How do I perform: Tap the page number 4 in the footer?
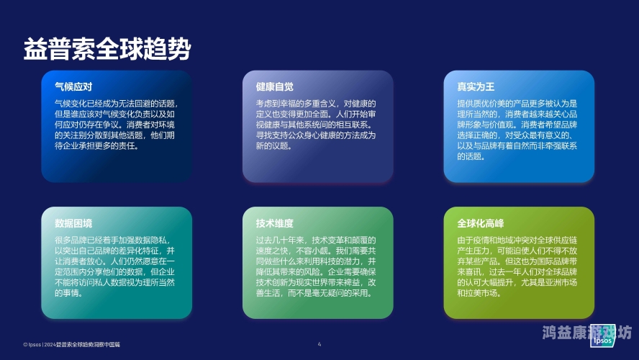pos(319,345)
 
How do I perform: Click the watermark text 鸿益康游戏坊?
pos(586,333)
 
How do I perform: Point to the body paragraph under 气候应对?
pos(115,125)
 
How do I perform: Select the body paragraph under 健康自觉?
pos(316,125)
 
